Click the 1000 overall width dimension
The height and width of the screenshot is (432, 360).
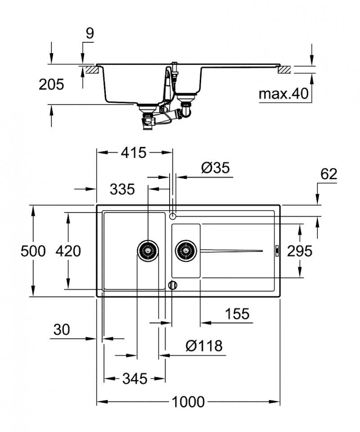click(188, 401)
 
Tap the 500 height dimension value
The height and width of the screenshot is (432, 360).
click(33, 251)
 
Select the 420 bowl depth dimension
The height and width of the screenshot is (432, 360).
click(68, 251)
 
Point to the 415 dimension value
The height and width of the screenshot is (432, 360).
click(133, 153)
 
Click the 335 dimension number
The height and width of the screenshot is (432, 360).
click(122, 189)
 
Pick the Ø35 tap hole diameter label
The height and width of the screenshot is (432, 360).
click(216, 168)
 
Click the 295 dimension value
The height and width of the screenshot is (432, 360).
click(300, 251)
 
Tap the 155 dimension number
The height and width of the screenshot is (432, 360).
click(237, 314)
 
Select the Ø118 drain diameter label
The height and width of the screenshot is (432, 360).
click(204, 346)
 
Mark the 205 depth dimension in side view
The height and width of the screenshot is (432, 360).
click(51, 84)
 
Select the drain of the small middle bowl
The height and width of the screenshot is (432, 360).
click(185, 250)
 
